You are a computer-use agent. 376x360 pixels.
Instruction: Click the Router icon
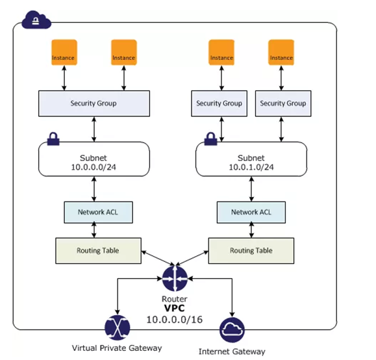point(175,278)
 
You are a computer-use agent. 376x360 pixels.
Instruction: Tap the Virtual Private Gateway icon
point(118,328)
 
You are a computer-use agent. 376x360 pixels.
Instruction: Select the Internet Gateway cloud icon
point(232,330)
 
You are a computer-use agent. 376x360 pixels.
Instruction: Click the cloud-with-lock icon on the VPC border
point(36,19)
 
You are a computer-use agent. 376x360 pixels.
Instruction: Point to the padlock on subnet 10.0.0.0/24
point(53,138)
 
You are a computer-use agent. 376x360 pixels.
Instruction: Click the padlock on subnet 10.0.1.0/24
point(211,138)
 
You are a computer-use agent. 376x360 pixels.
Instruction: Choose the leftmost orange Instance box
point(64,53)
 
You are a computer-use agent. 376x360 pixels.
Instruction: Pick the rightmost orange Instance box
point(281,53)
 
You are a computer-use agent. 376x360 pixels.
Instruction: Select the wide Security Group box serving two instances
point(94,103)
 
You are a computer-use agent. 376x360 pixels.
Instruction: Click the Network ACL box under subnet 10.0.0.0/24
point(98,212)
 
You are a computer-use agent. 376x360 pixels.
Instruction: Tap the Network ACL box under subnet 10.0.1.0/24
point(251,212)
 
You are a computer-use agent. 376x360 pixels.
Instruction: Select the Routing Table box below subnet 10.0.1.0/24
point(251,251)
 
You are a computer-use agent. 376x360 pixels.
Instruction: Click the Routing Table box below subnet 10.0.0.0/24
point(98,251)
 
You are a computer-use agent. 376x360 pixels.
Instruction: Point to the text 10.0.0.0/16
point(175,320)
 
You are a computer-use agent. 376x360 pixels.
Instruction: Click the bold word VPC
point(175,308)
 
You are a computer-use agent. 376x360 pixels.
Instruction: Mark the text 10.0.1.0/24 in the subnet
point(251,167)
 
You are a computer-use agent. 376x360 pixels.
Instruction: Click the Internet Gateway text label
point(232,352)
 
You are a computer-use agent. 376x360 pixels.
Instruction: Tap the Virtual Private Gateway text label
point(117,348)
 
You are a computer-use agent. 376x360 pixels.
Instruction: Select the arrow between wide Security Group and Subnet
point(94,129)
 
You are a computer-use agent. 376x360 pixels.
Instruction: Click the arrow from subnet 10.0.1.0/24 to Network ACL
point(251,189)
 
